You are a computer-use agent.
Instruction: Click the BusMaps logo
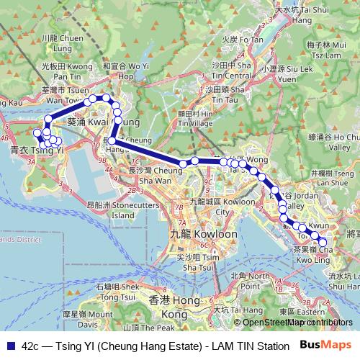coord(326,345)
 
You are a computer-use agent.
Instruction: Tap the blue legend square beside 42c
coord(10,346)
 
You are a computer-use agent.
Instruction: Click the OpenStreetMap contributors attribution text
coord(297,323)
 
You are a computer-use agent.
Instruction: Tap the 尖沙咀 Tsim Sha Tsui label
coord(194,261)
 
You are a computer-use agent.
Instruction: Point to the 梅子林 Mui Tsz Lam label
coord(322,49)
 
